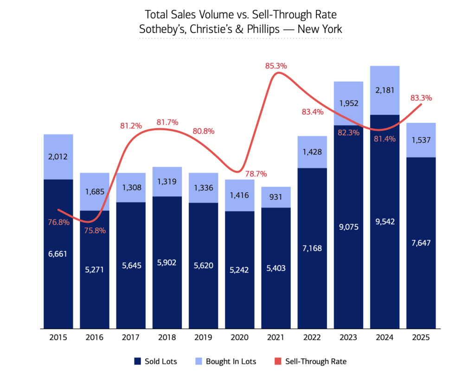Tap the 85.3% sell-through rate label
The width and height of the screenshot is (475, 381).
coord(276,66)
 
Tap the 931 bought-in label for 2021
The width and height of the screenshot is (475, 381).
coord(276,198)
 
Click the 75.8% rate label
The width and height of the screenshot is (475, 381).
coord(95,230)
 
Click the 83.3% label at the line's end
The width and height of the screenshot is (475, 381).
coord(421,98)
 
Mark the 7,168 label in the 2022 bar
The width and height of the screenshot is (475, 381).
coord(312,248)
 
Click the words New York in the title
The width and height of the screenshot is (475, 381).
coord(321,29)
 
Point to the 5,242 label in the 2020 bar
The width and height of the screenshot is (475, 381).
coord(240,270)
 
